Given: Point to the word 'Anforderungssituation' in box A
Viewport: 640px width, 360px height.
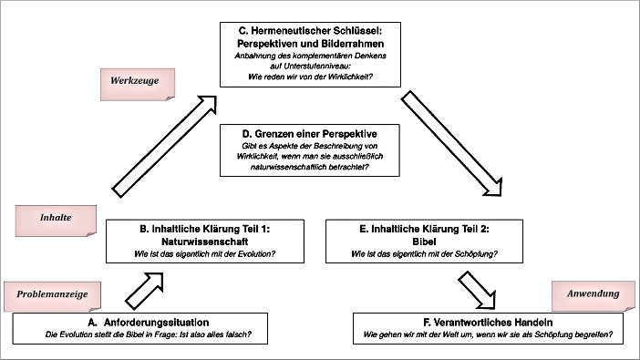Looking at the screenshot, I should tap(167, 322).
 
